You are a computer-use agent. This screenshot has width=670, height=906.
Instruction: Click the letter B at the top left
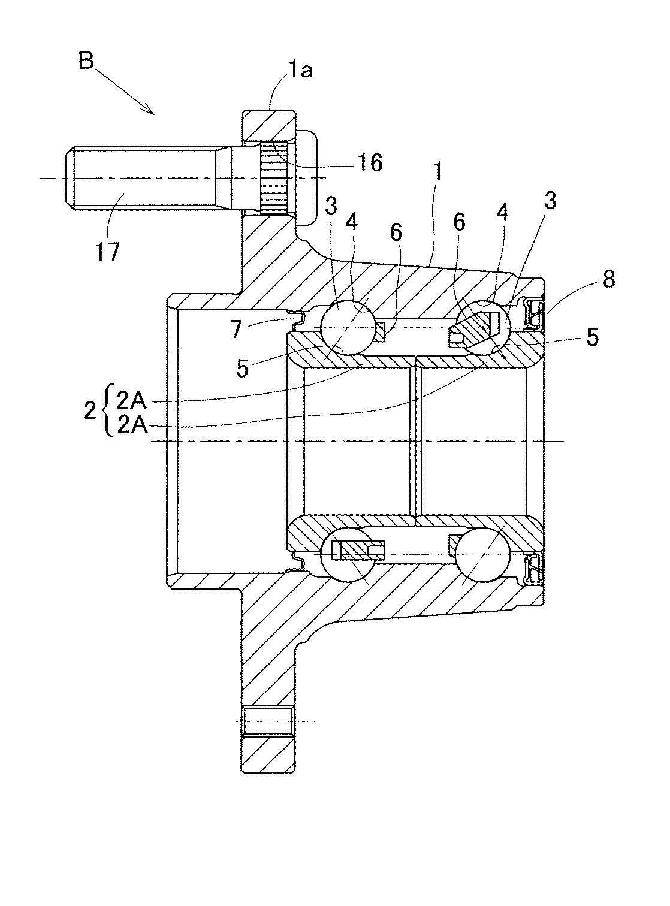tap(86, 62)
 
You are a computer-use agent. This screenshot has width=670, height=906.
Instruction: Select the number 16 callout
tap(371, 162)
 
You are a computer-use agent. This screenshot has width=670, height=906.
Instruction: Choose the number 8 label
tap(608, 280)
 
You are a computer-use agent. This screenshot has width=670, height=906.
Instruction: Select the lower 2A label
tap(131, 425)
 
